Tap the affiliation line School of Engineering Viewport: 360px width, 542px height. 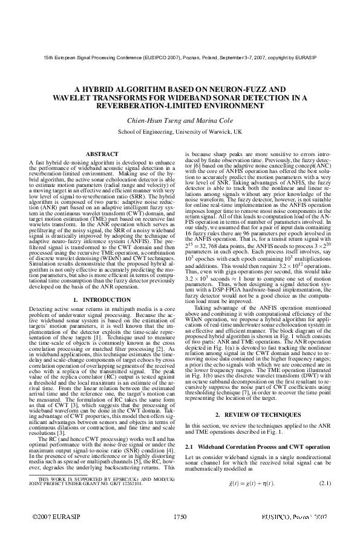(180, 131)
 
